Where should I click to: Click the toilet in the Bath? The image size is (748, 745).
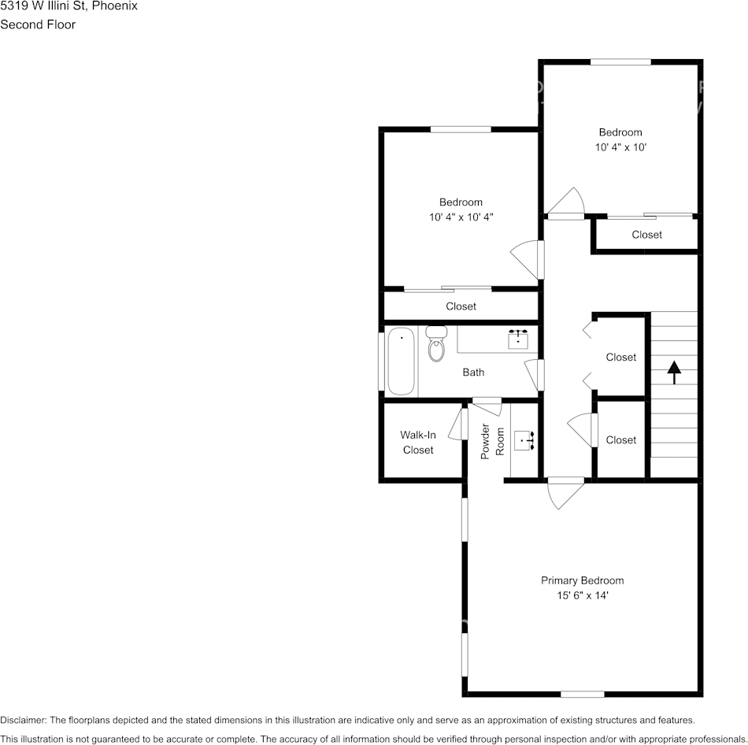[x=436, y=343]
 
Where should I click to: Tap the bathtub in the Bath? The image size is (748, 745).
[x=402, y=361]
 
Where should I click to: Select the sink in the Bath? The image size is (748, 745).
[x=517, y=339]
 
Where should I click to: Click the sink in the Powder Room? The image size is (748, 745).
[x=524, y=440]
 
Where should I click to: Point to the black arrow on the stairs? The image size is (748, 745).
[x=673, y=372]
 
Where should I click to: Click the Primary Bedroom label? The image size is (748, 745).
[x=582, y=580]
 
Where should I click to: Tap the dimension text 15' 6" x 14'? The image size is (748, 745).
[x=583, y=595]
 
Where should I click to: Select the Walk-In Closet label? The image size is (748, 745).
[x=418, y=442]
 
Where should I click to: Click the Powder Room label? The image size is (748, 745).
[x=492, y=442]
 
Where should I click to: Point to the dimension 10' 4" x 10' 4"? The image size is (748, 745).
[x=461, y=217]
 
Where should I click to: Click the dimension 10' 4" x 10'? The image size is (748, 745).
[x=620, y=147]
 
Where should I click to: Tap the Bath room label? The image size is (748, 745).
[x=473, y=372]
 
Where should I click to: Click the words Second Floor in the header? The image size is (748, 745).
[x=38, y=24]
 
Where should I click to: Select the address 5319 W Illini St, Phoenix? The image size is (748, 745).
[x=69, y=6]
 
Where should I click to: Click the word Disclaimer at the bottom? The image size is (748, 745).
[x=24, y=720]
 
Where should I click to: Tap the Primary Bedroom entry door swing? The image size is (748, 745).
[x=565, y=492]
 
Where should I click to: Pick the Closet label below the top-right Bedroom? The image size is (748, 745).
[x=647, y=235]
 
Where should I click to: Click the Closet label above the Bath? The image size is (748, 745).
[x=461, y=306]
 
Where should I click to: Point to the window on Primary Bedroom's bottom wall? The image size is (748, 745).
[x=583, y=694]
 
